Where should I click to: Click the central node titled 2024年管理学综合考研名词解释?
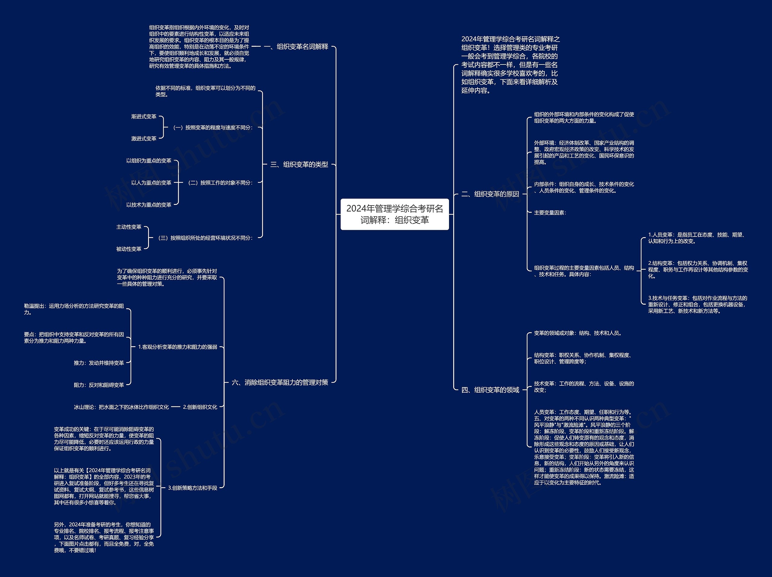[394, 214]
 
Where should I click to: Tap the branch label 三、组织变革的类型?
[299, 165]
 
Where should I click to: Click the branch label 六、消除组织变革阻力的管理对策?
[280, 382]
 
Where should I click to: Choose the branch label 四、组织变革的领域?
[490, 390]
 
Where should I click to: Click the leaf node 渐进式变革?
[144, 116]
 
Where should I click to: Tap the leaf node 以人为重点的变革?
[151, 183]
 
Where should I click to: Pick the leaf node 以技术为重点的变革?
[149, 205]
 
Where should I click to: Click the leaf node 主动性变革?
[129, 227]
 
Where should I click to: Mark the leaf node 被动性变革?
[129, 249]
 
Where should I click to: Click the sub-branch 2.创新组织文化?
[200, 407]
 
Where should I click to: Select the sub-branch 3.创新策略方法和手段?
[193, 488]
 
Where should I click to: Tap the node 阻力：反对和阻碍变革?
[99, 385]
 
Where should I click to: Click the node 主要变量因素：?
[550, 213]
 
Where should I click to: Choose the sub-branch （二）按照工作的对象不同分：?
[220, 183]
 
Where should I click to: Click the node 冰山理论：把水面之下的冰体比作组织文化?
[121, 407]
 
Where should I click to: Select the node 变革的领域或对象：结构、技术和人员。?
[577, 333]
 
